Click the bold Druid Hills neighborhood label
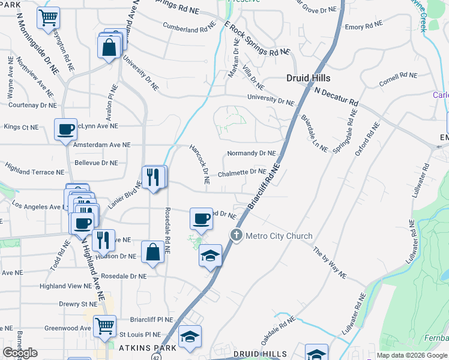(x=308, y=78)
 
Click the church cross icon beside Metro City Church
(x=237, y=235)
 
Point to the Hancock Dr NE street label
(x=199, y=164)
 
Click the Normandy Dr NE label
(x=251, y=154)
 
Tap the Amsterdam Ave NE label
(x=101, y=145)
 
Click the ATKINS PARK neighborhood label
(x=148, y=348)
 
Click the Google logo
(x=20, y=353)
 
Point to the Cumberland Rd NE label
(x=189, y=26)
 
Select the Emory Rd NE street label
(x=363, y=26)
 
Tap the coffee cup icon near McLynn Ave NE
(x=65, y=129)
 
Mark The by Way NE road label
(x=330, y=262)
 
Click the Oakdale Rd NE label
(x=279, y=329)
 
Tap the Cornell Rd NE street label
(x=398, y=79)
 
